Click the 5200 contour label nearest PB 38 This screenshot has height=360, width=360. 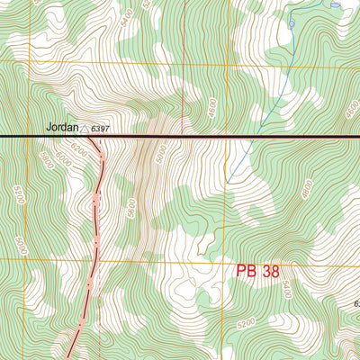click(x=247, y=321)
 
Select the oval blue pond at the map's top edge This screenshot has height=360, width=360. click(x=335, y=4)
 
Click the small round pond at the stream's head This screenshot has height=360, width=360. click(x=291, y=22)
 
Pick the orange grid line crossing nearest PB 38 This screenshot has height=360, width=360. click(x=221, y=259)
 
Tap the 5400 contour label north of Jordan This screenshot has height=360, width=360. click(x=129, y=15)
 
